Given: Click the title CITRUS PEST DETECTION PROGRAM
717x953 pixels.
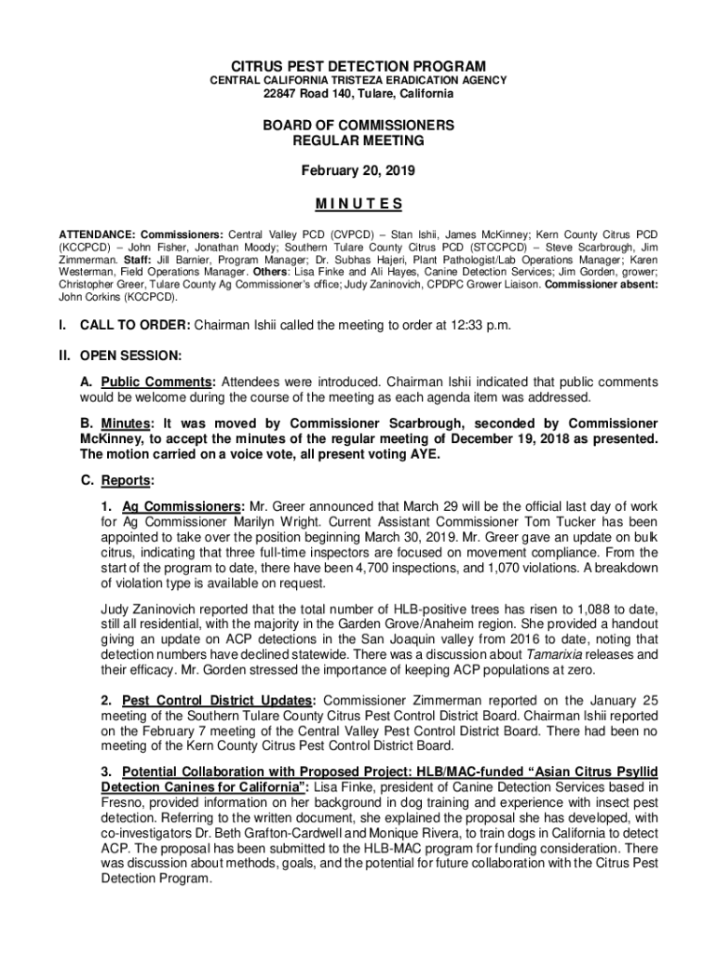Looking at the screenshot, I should [x=358, y=66].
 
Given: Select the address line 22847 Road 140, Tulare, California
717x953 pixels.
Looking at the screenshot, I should [x=358, y=94].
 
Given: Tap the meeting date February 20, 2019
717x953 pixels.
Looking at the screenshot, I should [x=358, y=171].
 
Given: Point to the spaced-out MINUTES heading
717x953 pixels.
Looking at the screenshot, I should [x=358, y=204].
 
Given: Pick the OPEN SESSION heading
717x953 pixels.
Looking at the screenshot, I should [x=131, y=355].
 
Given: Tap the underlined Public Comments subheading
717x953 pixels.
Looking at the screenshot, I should [x=157, y=383].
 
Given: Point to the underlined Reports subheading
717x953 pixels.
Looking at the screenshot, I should [x=127, y=481].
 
